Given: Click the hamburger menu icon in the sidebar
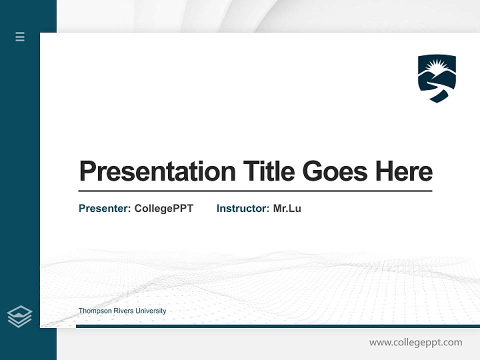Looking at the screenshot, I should [20, 36].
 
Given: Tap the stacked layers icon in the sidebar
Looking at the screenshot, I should [19, 316].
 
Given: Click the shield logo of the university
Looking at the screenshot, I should [436, 78].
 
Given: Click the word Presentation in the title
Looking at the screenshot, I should [157, 171].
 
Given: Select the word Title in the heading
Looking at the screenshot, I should [269, 171].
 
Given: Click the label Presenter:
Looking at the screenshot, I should [104, 208].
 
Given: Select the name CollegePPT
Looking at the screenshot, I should [163, 208].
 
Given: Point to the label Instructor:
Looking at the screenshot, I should [242, 208].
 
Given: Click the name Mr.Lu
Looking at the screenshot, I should [287, 208].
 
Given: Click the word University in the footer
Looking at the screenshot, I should [150, 311].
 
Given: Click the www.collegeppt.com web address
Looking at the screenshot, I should [415, 342].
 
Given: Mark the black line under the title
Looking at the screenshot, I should [255, 191].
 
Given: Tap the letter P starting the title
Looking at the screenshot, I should [86, 171].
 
